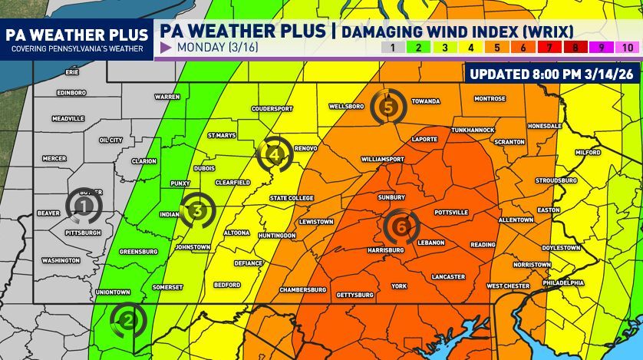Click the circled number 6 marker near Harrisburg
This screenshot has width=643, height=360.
click(401, 226)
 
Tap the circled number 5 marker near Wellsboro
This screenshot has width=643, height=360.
click(388, 107)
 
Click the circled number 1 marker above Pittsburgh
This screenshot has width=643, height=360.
click(84, 205)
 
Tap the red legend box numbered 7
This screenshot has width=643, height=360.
click(549, 48)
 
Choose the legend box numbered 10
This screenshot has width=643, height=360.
click(627, 48)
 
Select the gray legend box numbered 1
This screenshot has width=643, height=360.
click(392, 48)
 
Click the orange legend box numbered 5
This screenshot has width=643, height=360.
click(497, 48)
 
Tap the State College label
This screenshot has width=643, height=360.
click(292, 198)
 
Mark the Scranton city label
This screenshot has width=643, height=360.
click(509, 142)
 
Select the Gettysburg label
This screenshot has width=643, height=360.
click(354, 295)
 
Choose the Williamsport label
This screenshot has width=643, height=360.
click(382, 160)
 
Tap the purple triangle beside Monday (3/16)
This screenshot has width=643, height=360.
click(165, 48)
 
